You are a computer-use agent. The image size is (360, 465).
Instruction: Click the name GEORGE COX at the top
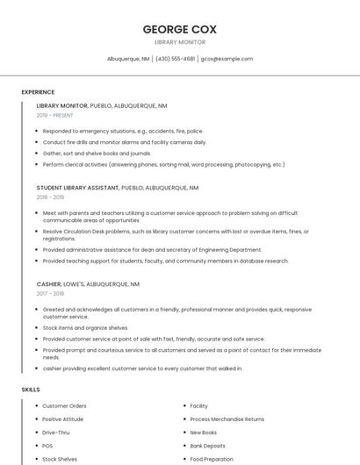179,29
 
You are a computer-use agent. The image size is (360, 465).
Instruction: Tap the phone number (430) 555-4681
176,59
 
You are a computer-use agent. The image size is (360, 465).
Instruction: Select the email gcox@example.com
227,59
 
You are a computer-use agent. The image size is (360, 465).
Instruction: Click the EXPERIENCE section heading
38,92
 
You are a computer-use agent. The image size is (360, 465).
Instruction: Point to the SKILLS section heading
31,389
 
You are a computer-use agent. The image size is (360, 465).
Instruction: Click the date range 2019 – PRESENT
55,115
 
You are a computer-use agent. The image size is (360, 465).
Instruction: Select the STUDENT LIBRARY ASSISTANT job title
78,188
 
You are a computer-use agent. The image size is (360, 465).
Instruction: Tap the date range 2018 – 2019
51,197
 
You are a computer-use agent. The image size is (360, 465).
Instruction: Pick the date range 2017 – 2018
51,294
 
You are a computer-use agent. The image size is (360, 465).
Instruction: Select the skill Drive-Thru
56,433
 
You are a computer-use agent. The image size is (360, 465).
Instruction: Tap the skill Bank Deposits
209,446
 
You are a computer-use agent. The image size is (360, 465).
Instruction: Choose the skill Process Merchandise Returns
227,419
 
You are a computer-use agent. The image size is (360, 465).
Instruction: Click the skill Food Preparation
212,459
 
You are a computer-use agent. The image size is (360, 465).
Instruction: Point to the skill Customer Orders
65,406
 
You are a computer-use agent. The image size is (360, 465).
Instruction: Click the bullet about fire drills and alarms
125,142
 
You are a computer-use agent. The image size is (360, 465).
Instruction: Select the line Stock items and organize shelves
85,328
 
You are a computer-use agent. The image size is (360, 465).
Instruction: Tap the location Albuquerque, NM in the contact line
128,59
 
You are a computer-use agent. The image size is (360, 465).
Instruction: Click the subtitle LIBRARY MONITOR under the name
179,42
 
